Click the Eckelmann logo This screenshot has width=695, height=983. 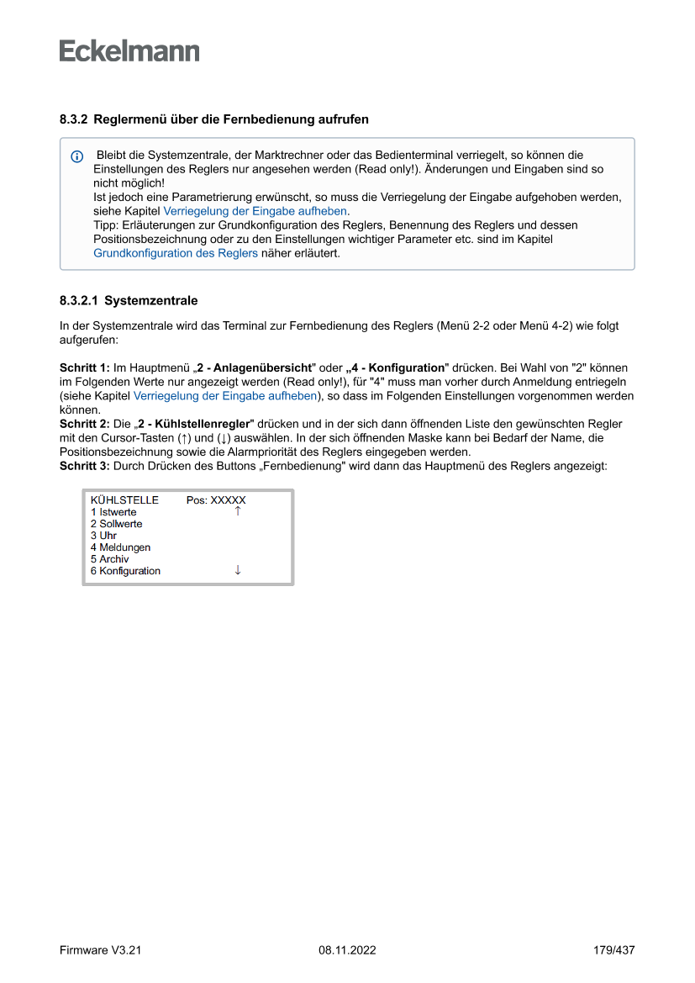(x=129, y=51)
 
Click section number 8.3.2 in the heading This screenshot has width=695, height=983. (x=73, y=120)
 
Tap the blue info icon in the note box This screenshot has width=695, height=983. (x=77, y=157)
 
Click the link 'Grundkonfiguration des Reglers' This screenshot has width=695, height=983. (x=176, y=252)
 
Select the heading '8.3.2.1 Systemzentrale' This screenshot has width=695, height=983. (x=129, y=300)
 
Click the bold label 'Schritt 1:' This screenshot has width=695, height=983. (x=85, y=368)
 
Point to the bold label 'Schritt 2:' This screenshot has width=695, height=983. (x=85, y=424)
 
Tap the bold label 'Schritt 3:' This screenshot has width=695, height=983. (x=85, y=465)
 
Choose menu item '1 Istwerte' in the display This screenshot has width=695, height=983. (x=113, y=512)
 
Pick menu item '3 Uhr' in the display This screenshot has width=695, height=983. (x=103, y=536)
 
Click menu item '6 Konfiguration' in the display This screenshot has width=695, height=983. (x=125, y=571)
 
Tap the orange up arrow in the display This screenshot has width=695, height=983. (x=238, y=511)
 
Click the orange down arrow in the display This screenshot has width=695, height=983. (x=238, y=570)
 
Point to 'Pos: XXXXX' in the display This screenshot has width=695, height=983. (x=216, y=500)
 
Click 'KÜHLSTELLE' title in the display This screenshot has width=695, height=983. (x=124, y=500)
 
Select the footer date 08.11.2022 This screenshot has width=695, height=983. (x=347, y=950)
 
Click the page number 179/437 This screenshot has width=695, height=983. (x=613, y=950)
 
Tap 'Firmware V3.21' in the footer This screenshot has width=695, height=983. (x=100, y=950)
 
